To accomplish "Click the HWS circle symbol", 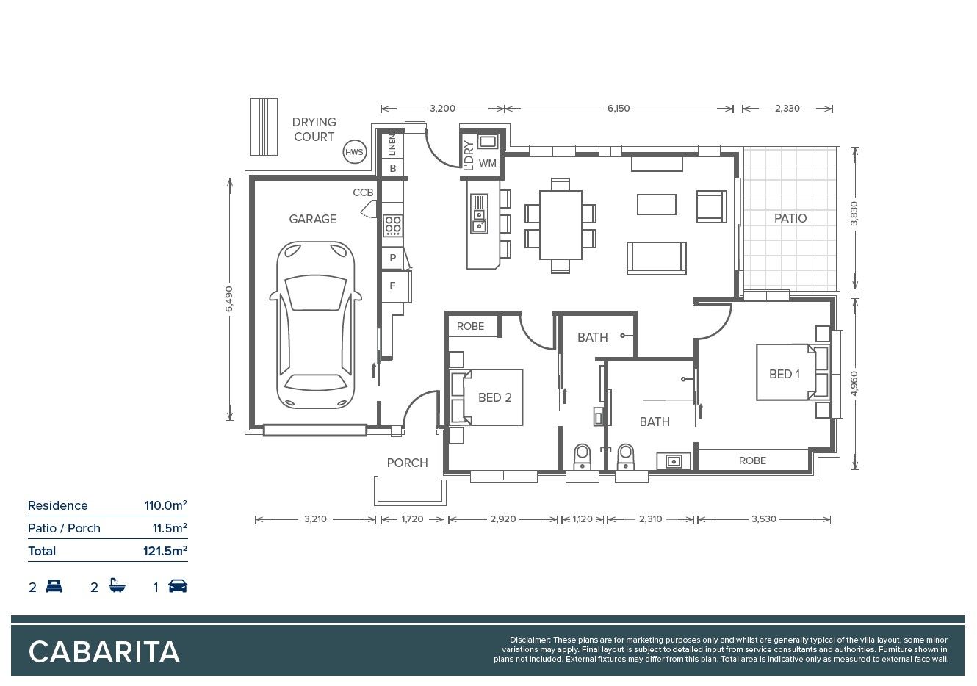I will click(x=355, y=152).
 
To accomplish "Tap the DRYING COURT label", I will click(x=314, y=129).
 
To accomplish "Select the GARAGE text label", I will click(x=312, y=219).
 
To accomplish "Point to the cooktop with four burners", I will click(x=392, y=225).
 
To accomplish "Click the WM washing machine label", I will click(x=487, y=163).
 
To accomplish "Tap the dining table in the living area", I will click(x=560, y=225).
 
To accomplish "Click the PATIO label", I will click(x=790, y=218).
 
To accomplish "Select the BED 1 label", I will click(x=784, y=374).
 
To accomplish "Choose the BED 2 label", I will click(x=494, y=397).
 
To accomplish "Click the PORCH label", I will click(x=407, y=463).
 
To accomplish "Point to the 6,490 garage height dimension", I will click(x=229, y=299).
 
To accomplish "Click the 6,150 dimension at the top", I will click(x=619, y=109).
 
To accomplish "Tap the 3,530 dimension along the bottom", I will click(x=764, y=519).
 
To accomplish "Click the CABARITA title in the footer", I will click(x=104, y=651).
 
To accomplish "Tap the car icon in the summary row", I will click(x=178, y=586).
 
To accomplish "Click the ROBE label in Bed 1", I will click(x=752, y=461).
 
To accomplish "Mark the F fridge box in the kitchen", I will click(x=393, y=286).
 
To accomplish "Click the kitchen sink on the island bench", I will click(x=479, y=214).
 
